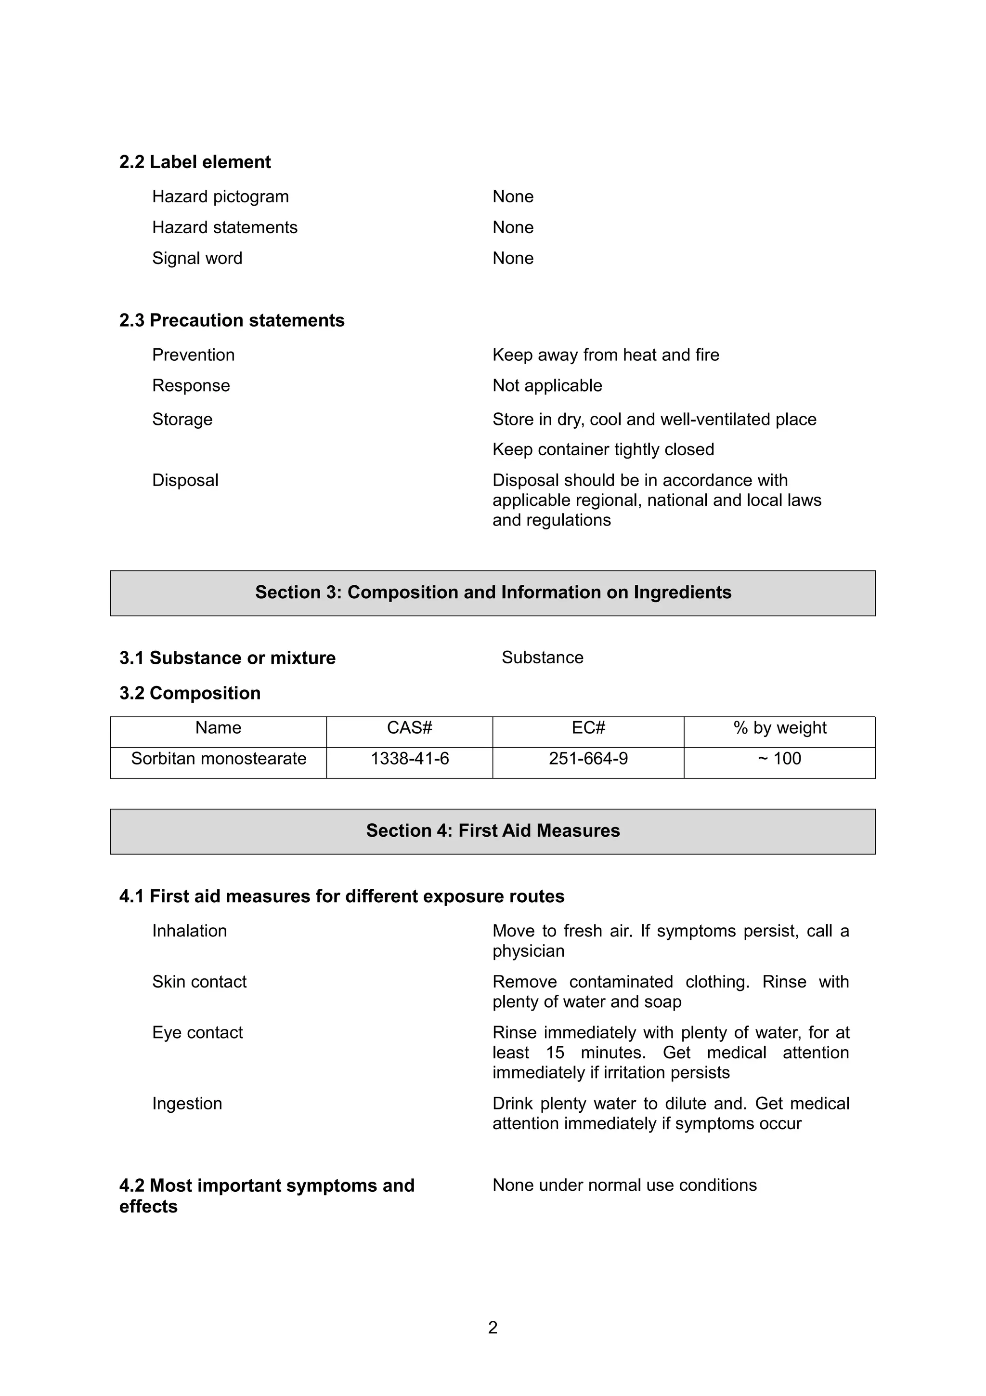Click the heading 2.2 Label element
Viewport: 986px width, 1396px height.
tap(195, 162)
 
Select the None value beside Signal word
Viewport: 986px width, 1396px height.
tap(513, 258)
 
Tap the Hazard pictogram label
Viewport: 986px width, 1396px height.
tap(220, 197)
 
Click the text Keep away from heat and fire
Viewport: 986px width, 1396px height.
tap(605, 355)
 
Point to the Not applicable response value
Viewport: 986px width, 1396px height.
tap(547, 385)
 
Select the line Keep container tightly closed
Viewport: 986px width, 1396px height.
tap(603, 449)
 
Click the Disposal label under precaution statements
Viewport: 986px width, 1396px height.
tap(185, 480)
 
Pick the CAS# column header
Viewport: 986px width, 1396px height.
tap(409, 728)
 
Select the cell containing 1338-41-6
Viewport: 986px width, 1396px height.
tap(409, 759)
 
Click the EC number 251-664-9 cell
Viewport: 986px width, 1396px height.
tap(588, 759)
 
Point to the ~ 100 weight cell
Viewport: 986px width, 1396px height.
tap(779, 759)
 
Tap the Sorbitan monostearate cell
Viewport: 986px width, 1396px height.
tap(219, 759)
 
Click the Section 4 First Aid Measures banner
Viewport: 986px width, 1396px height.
tap(493, 830)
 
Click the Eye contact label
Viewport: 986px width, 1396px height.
tap(197, 1032)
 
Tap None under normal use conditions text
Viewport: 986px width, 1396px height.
tap(624, 1185)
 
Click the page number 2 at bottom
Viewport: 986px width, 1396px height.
tap(493, 1327)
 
